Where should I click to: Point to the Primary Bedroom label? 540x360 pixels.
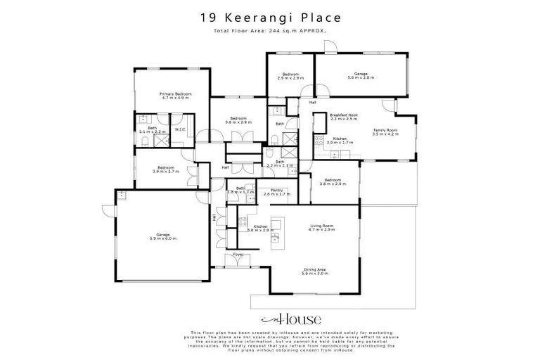pos(175,96)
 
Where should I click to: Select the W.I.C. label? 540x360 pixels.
pos(180,129)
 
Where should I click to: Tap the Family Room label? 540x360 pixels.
pos(385,131)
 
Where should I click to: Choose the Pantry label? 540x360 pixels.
pos(270,191)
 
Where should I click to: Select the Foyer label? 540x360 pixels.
pos(238,253)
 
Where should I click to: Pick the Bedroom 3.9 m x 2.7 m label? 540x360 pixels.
pos(166,169)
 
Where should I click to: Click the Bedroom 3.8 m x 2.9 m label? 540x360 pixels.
pos(330,181)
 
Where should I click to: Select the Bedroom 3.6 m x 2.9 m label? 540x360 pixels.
pos(238,120)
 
